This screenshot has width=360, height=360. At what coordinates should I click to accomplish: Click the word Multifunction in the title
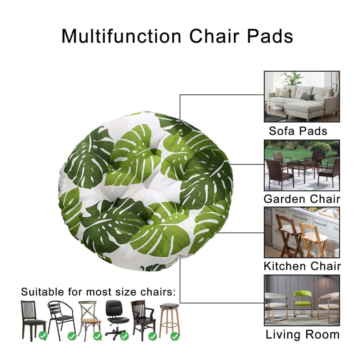coord(121,36)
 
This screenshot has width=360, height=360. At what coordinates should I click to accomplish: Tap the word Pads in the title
coord(270,36)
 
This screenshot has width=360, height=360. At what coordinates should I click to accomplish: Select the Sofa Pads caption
coord(298,131)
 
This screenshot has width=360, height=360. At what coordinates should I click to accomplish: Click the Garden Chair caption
coord(302,199)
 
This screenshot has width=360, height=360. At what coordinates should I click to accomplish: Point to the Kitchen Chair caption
coord(302,266)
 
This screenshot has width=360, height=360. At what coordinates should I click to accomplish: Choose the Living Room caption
coord(303,334)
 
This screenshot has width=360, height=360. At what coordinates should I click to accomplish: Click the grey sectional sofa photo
coord(302,96)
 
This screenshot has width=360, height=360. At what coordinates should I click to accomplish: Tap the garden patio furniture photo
coord(302,165)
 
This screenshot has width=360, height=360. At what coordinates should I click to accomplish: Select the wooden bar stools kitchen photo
coord(302,232)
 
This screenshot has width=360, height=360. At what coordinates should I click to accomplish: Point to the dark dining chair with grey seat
coord(33,320)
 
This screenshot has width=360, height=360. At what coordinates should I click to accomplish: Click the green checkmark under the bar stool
coord(175,337)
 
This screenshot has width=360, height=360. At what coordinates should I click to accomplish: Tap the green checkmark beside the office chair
coord(124,337)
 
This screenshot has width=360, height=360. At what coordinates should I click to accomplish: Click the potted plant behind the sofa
coord(292,80)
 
